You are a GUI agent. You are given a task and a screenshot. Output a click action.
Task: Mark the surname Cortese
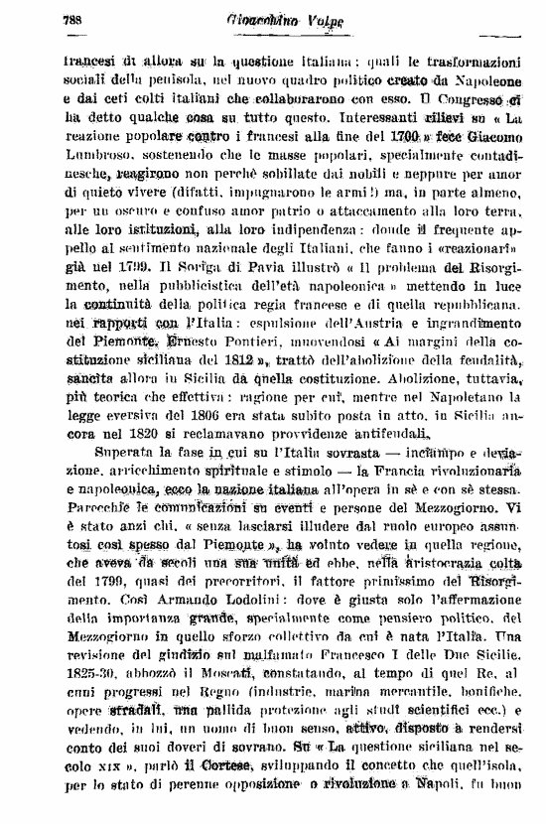coord(221,780)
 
